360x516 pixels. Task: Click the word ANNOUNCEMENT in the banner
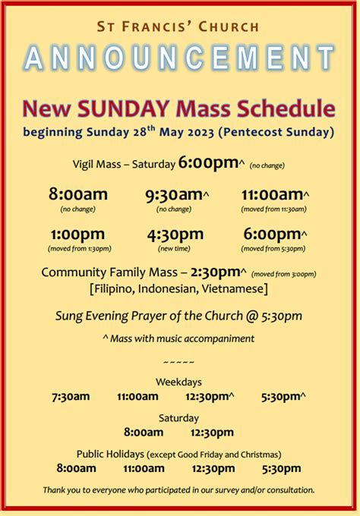click(179, 58)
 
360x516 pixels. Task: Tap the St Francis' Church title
click(178, 27)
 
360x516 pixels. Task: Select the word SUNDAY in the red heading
click(124, 109)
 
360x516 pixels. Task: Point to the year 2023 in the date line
click(201, 133)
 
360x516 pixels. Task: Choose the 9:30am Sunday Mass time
click(175, 195)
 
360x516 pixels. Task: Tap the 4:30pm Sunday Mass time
click(175, 235)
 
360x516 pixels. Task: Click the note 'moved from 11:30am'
click(273, 209)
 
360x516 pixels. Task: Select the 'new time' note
click(174, 249)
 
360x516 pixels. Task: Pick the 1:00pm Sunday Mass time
click(78, 235)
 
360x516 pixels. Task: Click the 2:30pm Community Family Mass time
click(216, 272)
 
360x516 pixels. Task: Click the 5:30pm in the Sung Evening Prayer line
click(282, 316)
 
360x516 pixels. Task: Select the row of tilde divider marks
click(178, 363)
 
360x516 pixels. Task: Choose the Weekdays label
click(178, 382)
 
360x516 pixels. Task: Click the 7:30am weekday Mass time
click(71, 397)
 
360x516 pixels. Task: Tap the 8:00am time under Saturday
click(144, 433)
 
